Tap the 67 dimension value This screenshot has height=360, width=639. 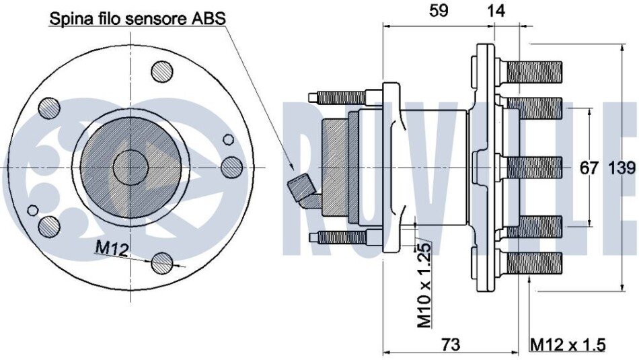pos(589,168)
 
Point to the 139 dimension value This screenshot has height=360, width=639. pos(622,168)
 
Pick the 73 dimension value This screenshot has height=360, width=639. pos(451,345)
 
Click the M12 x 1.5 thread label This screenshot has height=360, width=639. pos(568,345)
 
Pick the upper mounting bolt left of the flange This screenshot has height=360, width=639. pos(340,98)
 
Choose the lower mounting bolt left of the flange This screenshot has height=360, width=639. pos(340,237)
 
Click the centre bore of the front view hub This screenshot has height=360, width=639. pos(130,166)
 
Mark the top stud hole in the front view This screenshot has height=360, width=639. pos(161,71)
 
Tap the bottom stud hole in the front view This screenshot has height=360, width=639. pos(161,262)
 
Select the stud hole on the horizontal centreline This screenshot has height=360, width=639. pos(231,167)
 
